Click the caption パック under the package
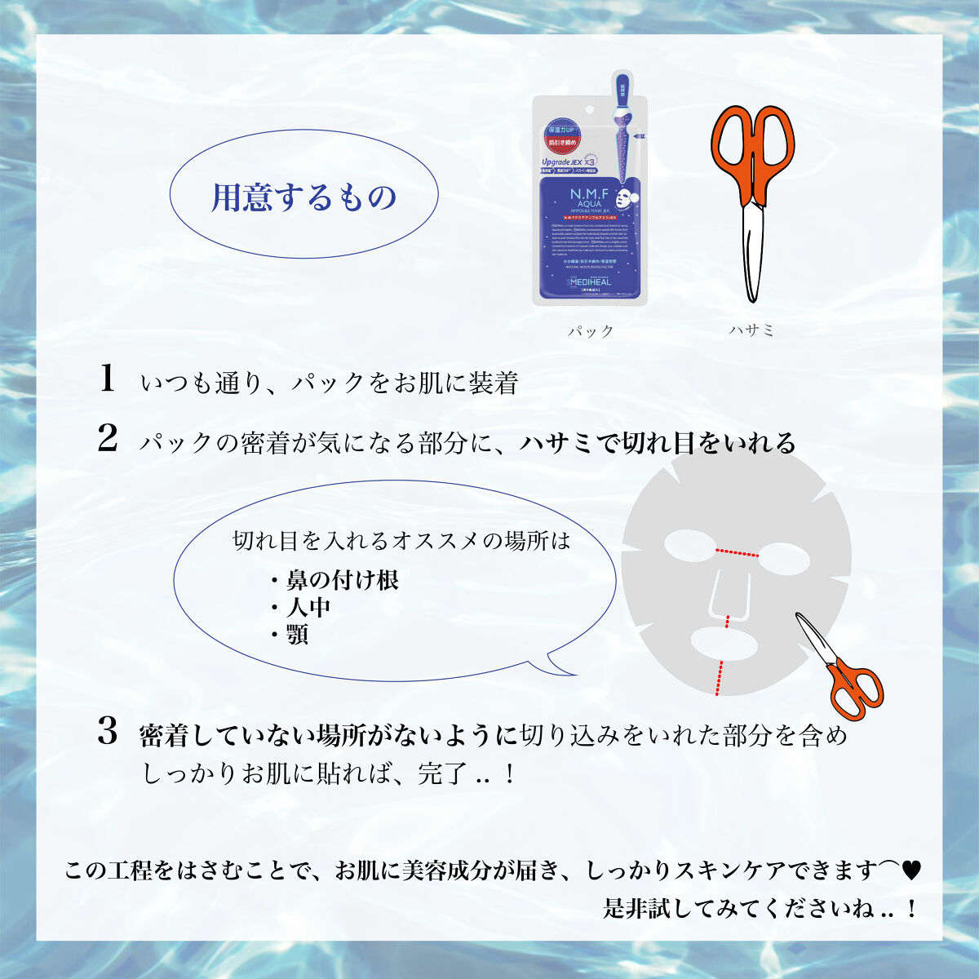[591, 331]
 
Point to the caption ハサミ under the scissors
[751, 330]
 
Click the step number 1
[106, 379]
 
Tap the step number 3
[108, 732]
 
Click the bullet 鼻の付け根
[342, 580]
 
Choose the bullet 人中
[308, 608]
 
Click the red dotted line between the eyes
[738, 552]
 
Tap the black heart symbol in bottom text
[910, 870]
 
